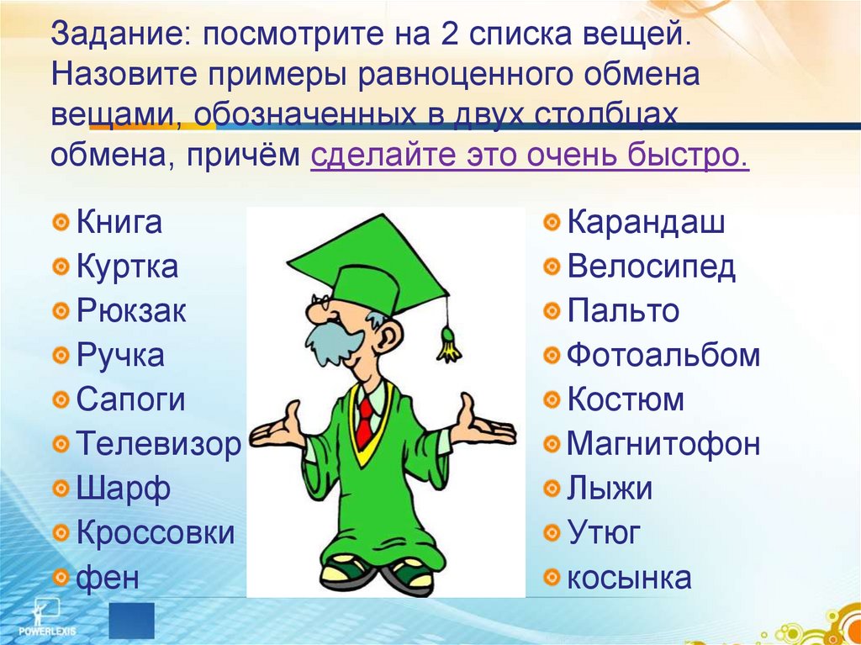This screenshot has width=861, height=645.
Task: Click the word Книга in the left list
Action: pyautogui.click(x=119, y=224)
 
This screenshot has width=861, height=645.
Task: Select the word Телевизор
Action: pyautogui.click(x=159, y=443)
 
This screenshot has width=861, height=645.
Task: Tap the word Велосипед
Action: pyautogui.click(x=651, y=267)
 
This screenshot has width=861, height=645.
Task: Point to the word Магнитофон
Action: pyautogui.click(x=663, y=443)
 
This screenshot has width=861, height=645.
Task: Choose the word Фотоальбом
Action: pyautogui.click(x=663, y=356)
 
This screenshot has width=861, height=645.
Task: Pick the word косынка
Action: pyautogui.click(x=629, y=578)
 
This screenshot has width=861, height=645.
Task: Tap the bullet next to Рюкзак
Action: pyautogui.click(x=61, y=312)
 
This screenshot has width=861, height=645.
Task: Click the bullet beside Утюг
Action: pyautogui.click(x=552, y=532)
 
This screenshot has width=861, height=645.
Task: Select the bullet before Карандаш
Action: pyautogui.click(x=552, y=224)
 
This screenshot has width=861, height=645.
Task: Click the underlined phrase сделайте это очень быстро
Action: pyautogui.click(x=529, y=156)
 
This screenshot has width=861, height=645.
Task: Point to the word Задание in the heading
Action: pyautogui.click(x=118, y=36)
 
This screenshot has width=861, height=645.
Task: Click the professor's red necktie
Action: pyautogui.click(x=364, y=420)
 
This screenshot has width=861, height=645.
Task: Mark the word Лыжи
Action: pyautogui.click(x=609, y=488)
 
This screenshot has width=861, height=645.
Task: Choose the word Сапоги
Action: pyautogui.click(x=130, y=399)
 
